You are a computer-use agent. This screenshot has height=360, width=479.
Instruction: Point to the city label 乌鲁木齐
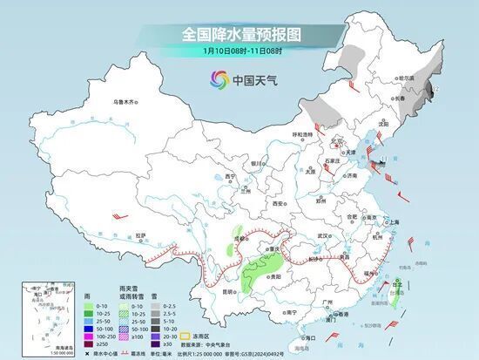click(x=125, y=102)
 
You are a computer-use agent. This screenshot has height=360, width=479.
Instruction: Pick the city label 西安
click(x=279, y=203)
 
